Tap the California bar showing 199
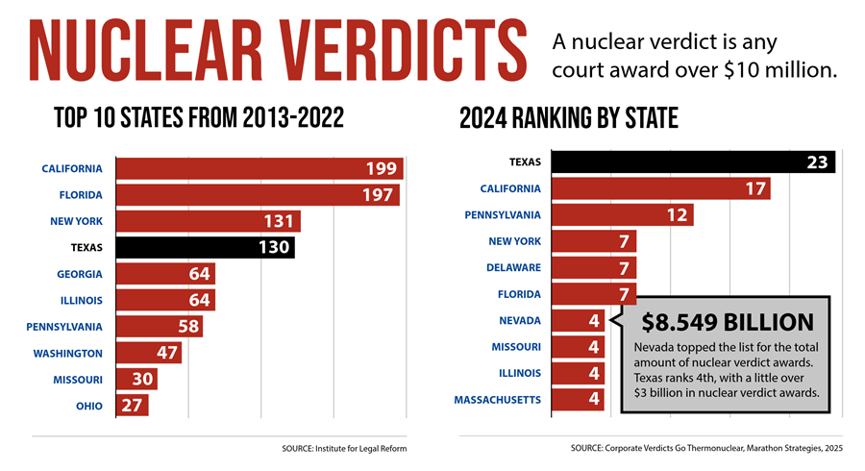pos(259,169)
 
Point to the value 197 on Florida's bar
pos(380,195)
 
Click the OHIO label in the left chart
pos(90,405)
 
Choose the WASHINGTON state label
pos(68,353)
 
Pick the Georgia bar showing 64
pos(165,274)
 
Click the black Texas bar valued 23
pos(693,161)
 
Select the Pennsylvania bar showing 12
pos(623,214)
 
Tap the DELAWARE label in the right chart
pos(514,267)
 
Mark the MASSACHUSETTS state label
pos(497,399)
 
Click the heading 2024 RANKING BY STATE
pos(569,118)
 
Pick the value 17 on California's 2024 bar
pos(754,188)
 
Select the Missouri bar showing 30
pos(136,379)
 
